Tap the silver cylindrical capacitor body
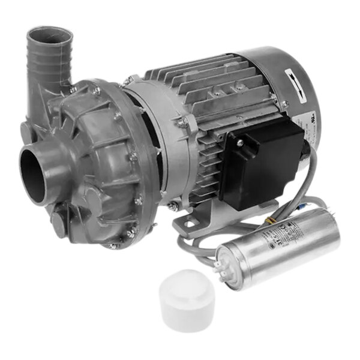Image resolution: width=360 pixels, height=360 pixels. (x=282, y=246)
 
